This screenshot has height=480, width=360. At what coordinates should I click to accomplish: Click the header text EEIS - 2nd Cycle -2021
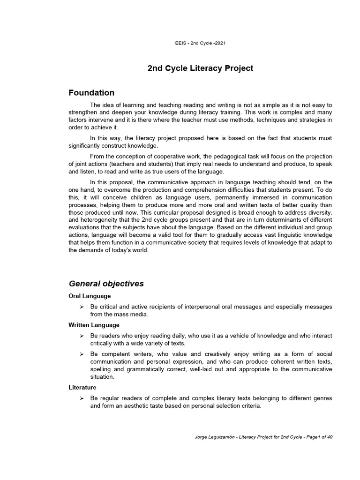(200, 43)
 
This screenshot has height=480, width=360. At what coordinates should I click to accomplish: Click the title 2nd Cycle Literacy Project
(200, 68)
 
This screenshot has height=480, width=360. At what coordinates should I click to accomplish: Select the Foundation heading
(91, 93)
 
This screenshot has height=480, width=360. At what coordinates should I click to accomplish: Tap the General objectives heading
(106, 284)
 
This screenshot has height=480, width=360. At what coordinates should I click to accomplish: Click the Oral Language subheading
(90, 296)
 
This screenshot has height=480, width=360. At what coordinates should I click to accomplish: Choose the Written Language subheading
(94, 325)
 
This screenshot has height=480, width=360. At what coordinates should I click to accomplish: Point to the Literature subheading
(82, 388)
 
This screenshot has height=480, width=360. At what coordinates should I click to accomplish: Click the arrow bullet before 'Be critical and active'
(82, 307)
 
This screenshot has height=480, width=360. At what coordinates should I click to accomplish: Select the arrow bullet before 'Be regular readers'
(82, 398)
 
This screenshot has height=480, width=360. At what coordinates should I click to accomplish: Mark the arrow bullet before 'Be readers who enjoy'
(82, 336)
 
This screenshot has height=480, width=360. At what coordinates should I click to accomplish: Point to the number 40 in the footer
(330, 437)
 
